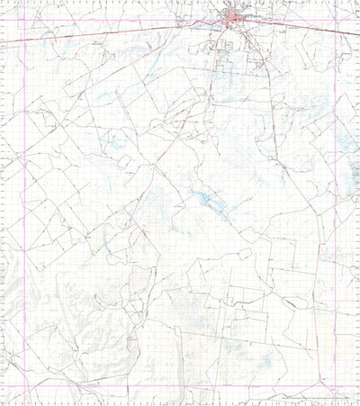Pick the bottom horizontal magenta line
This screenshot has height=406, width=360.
(180, 387)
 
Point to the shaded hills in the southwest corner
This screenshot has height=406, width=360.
(36, 351)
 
